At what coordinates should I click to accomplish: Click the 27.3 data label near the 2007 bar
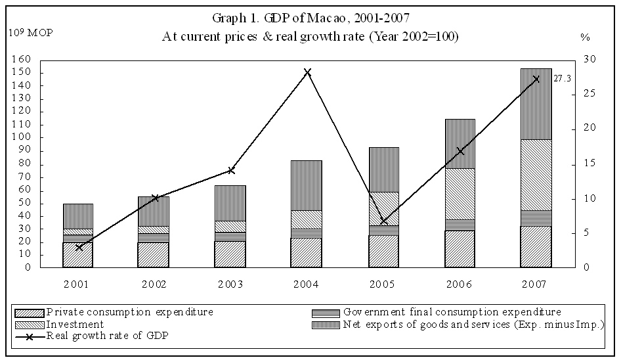562,78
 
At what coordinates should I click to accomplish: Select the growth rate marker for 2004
307,72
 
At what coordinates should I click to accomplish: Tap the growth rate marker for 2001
79,247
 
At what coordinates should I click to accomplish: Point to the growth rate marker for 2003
230,170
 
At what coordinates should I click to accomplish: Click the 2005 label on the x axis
383,284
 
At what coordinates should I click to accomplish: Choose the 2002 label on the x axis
154,284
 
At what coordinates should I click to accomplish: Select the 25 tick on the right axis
589,94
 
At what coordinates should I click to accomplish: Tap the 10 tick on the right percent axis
589,198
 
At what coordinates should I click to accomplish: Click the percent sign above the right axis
586,37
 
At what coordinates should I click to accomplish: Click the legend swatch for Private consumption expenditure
30,312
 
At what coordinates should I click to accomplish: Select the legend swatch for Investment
30,324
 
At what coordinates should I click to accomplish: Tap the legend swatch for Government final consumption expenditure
326,312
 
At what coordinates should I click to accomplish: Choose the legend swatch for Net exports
326,324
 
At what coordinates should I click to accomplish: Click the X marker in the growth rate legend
30,335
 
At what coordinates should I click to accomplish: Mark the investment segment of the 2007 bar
536,175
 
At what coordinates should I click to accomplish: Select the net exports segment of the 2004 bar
307,185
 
